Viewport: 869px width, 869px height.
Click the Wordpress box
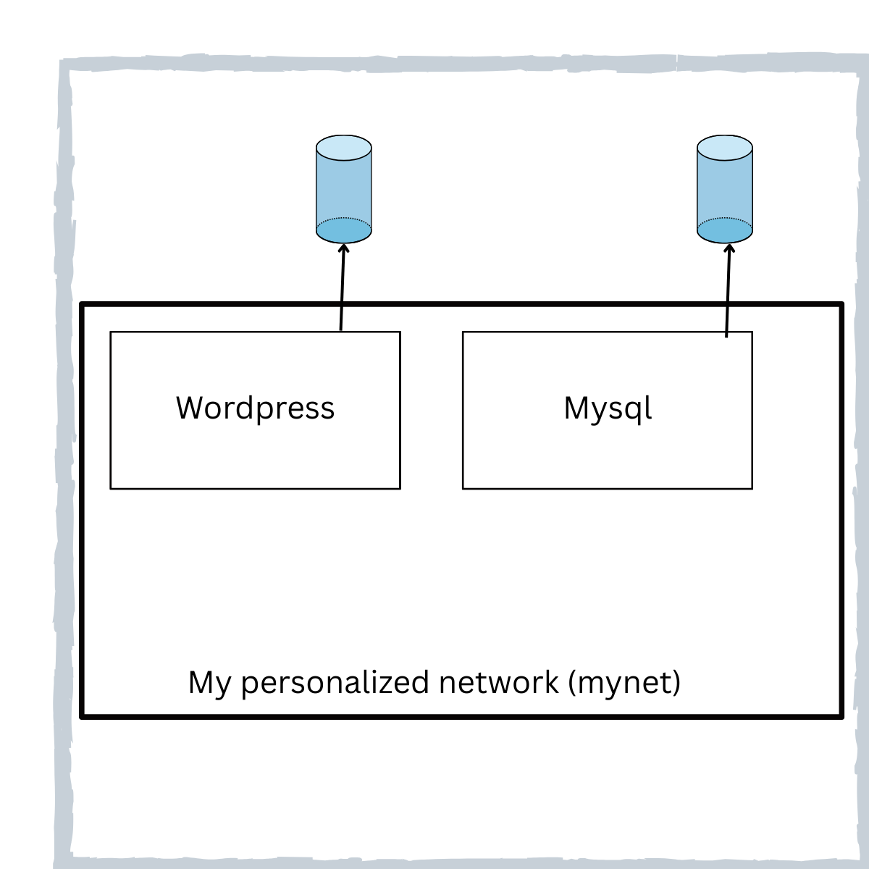coord(255,449)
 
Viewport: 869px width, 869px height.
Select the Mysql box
coord(607,449)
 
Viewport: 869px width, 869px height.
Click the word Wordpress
coord(255,408)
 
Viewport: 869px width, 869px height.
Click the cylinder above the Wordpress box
coord(344,188)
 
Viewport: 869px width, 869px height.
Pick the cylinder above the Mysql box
coord(725,188)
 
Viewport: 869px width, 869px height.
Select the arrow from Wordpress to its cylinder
coord(343,290)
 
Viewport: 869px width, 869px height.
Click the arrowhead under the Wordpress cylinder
coord(344,248)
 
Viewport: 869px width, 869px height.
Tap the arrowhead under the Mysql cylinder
coord(729,248)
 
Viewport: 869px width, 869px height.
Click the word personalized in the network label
coord(337,683)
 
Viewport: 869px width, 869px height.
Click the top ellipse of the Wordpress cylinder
coord(344,148)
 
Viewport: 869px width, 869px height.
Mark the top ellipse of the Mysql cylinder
coord(725,148)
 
